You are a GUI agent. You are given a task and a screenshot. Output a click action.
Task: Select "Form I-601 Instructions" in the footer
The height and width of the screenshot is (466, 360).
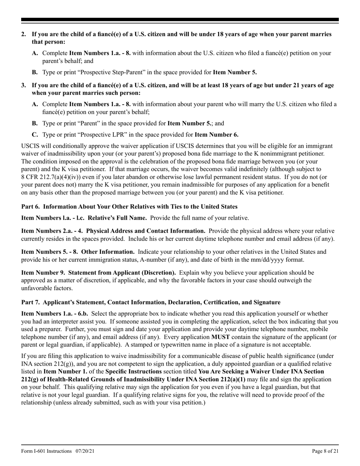(47, 451)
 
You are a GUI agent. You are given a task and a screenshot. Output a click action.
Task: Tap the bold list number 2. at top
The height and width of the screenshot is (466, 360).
(23, 34)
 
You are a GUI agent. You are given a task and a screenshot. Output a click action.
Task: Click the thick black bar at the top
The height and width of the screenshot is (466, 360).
(180, 20)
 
